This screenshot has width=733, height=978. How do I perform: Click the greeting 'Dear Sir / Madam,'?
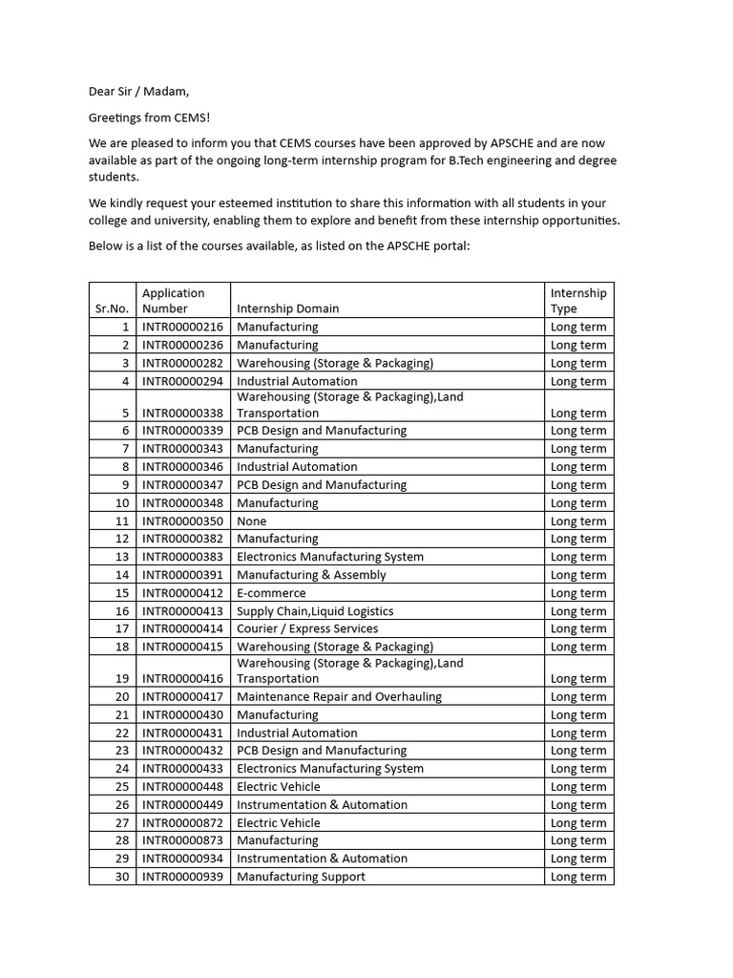139,92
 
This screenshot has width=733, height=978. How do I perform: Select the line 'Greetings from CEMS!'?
150,117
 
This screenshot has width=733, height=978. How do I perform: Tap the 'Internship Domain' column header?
287,308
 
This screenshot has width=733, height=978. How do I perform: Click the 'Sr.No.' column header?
112,308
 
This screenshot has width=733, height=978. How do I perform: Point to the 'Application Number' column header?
173,301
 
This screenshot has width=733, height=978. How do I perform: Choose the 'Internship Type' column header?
578,301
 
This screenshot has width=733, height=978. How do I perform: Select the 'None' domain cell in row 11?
252,521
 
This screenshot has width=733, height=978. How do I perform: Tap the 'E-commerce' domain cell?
271,593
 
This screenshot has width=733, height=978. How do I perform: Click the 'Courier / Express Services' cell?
307,628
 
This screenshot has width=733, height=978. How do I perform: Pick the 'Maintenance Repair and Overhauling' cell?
339,697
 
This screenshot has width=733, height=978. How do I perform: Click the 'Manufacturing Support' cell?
301,877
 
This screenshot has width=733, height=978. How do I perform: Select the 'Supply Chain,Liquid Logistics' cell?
315,611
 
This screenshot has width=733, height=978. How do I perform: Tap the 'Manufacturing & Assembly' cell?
311,575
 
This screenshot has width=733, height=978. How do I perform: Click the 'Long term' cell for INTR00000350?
578,521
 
